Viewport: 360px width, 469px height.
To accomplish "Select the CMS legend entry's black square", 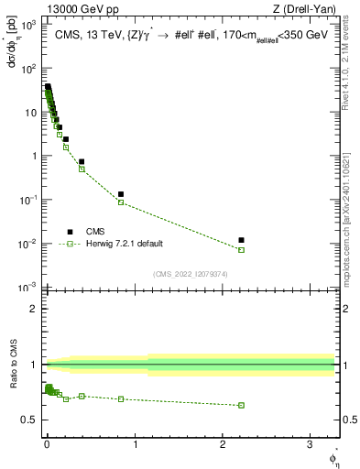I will [67, 232].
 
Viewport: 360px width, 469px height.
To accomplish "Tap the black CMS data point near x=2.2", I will [242, 240].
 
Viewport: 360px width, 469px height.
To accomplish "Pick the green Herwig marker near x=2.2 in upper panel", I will [242, 249].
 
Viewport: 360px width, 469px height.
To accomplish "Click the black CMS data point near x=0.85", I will [121, 194].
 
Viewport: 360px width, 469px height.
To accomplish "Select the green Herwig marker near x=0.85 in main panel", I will [121, 202].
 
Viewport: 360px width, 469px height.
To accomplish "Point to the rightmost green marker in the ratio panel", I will [242, 405].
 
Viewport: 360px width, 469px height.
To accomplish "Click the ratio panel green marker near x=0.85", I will [121, 399].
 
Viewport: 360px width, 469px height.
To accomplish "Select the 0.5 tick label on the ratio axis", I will [32, 420].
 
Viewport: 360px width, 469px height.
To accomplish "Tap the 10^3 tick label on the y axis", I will [30, 26].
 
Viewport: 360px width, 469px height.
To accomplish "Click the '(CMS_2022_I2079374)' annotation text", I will [191, 274].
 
